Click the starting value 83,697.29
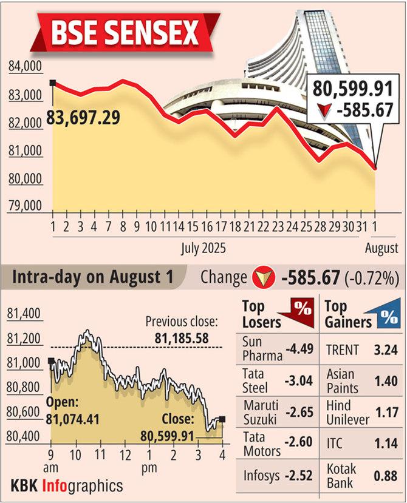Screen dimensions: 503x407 coord(89,116)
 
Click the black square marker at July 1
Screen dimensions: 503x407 coord(53,83)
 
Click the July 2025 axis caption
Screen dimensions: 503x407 coord(203,248)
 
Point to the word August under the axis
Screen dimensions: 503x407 coord(381,248)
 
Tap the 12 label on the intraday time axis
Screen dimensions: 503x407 coord(125,455)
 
